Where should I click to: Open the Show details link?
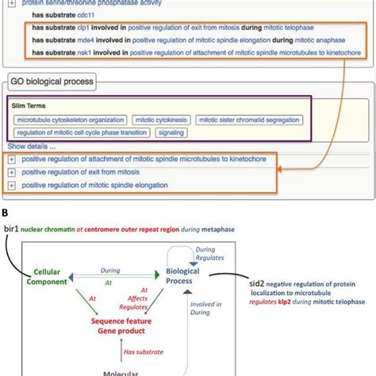pos(32,147)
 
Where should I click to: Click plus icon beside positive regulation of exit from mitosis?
pos(12,172)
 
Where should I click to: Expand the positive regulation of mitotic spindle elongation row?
pos(12,185)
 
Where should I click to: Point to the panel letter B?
pos(7,212)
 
